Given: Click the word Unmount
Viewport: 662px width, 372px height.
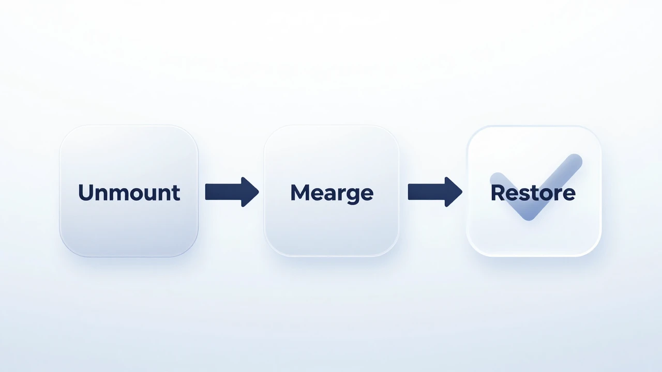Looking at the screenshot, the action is tap(129, 193).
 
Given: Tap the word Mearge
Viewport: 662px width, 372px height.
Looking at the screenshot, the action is tap(332, 193).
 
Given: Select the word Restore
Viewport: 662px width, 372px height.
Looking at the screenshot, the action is tap(533, 193).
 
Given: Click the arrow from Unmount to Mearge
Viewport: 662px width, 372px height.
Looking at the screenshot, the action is tap(232, 192).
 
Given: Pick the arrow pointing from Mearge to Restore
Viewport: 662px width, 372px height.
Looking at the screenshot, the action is tap(435, 192).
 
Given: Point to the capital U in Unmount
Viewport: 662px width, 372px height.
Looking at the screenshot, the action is tap(86, 193).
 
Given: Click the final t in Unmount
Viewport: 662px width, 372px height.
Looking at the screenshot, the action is tap(176, 193).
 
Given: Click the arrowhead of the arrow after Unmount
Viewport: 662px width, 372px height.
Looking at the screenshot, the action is tap(250, 192).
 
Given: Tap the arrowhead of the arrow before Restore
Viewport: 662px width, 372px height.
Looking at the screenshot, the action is tap(454, 192).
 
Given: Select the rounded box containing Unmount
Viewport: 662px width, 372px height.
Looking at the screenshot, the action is tap(129, 191).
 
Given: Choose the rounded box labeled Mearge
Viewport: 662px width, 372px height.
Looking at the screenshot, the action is tap(332, 191).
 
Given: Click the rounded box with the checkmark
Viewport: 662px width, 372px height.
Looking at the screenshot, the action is tap(534, 191).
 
